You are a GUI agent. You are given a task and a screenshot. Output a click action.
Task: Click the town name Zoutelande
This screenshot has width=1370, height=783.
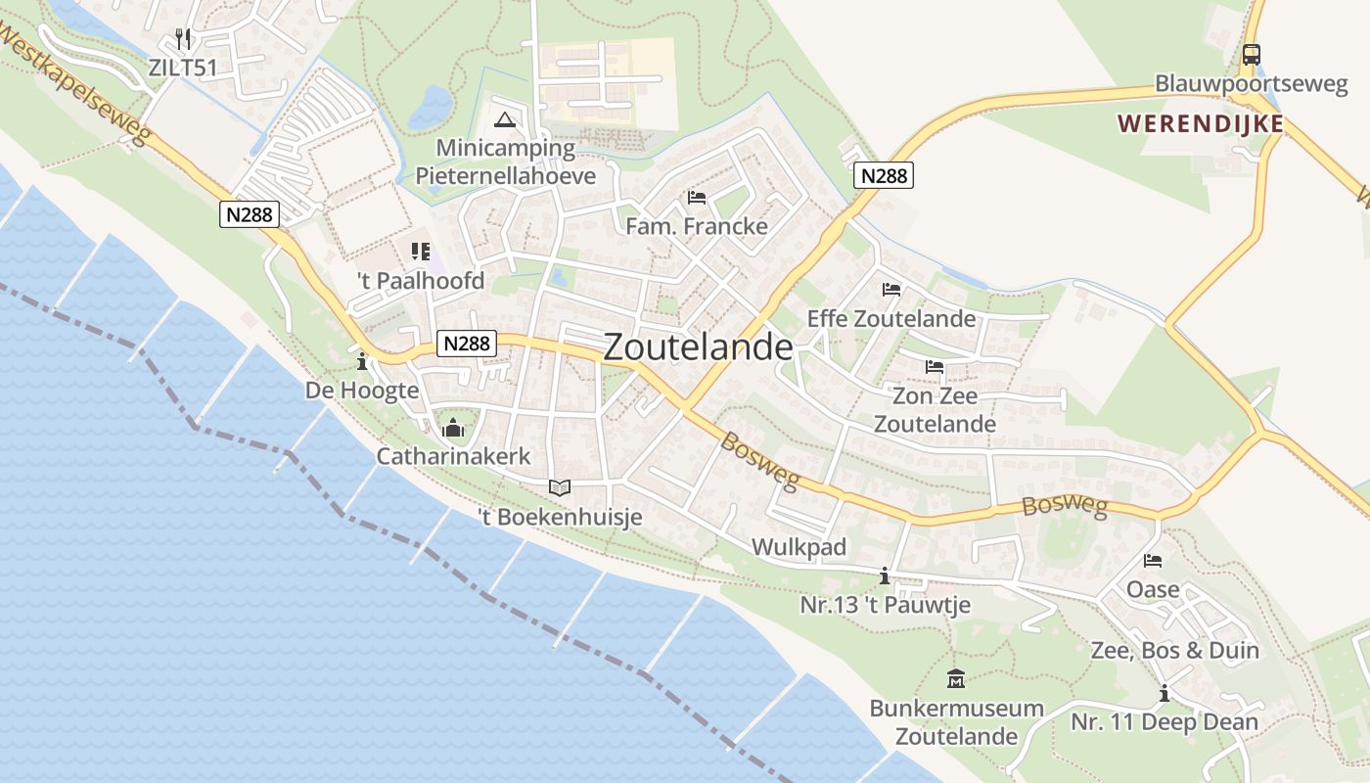coord(698,346)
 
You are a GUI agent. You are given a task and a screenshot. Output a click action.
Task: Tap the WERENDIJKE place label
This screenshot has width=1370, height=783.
coord(1201,124)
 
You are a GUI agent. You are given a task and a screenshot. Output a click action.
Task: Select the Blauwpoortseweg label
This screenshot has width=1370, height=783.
coord(1251,83)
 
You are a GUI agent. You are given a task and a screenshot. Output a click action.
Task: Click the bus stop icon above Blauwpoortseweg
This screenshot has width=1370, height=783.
coord(1251,55)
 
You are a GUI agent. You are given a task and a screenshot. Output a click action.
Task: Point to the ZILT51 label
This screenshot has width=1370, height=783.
coord(183,68)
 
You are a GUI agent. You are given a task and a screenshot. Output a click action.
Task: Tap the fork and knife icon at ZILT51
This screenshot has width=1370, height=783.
coord(183,39)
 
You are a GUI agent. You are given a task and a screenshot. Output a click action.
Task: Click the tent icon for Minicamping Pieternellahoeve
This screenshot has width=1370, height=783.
coord(504,120)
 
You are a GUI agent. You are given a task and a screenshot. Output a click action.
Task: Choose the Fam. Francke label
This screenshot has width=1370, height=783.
coord(697,226)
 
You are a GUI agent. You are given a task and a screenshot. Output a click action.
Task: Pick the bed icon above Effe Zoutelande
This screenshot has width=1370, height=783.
coord(890,290)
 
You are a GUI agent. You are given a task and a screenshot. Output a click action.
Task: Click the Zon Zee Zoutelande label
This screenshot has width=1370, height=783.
coord(935,410)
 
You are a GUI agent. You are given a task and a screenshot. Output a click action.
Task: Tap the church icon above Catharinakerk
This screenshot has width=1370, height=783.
coord(453,428)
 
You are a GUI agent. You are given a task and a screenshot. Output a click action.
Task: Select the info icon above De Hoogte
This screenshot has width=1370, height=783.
coord(362,362)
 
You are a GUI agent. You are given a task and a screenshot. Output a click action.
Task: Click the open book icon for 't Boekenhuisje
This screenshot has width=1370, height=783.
coord(559,487)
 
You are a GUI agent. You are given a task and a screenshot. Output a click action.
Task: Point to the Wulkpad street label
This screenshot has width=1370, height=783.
coord(799,547)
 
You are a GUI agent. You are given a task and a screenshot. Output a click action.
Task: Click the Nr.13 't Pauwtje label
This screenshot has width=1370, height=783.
coord(885,605)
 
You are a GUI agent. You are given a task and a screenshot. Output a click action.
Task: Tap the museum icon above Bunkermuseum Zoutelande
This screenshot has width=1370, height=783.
coord(956,678)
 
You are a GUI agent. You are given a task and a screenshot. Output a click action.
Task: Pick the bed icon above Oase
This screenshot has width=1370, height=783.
coord(1153,562)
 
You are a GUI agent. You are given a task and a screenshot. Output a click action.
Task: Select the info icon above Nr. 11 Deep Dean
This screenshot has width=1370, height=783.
coord(1164,694)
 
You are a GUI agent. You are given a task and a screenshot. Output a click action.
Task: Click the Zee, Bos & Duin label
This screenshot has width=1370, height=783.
coord(1174,651)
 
